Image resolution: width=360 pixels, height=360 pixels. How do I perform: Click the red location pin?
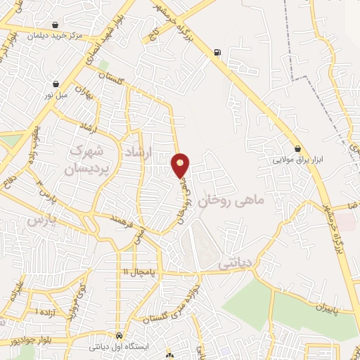[x=180, y=165]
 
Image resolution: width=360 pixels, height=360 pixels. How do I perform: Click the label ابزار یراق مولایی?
[x=299, y=159]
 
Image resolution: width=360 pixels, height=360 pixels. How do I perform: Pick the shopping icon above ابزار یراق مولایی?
[x=299, y=148]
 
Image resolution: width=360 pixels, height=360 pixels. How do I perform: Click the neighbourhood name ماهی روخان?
[x=232, y=201]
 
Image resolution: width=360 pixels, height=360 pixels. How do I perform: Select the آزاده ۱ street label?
[x=45, y=310]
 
